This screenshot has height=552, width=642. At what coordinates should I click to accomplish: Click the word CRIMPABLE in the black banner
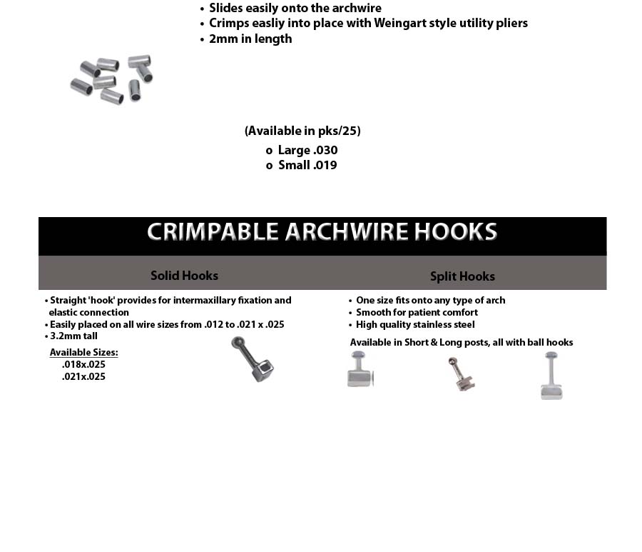click(x=213, y=232)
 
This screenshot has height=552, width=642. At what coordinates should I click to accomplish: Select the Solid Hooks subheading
click(x=184, y=276)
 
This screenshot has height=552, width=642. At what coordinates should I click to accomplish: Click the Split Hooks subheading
click(x=462, y=276)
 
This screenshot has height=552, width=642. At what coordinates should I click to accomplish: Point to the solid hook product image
click(x=253, y=358)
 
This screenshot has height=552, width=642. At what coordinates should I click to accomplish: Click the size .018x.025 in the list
click(x=83, y=365)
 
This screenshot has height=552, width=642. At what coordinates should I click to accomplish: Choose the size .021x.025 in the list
click(x=83, y=377)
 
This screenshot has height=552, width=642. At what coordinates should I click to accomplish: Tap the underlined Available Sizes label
click(x=83, y=353)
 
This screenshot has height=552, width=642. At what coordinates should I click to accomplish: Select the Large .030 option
click(x=307, y=151)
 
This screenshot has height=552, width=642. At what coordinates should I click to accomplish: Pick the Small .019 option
click(x=307, y=166)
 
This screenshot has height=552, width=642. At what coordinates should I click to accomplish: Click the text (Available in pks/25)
click(x=302, y=131)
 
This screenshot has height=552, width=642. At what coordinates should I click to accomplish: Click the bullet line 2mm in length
click(x=250, y=39)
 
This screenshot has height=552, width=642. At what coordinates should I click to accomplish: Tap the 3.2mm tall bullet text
click(x=73, y=336)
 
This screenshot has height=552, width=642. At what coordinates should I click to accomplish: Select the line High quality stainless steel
click(x=415, y=325)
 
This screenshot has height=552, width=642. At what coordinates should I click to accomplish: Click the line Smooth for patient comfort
click(x=417, y=313)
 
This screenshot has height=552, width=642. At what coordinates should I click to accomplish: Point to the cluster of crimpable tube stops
click(x=112, y=78)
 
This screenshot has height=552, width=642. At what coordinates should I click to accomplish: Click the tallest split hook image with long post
click(x=551, y=376)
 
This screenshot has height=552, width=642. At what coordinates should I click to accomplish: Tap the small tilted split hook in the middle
click(x=461, y=373)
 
